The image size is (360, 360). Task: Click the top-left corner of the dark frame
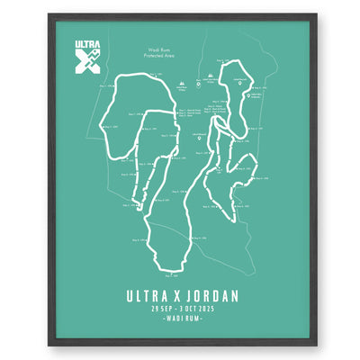[x=47, y=13]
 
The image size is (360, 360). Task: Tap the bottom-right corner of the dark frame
[x=316, y=346]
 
